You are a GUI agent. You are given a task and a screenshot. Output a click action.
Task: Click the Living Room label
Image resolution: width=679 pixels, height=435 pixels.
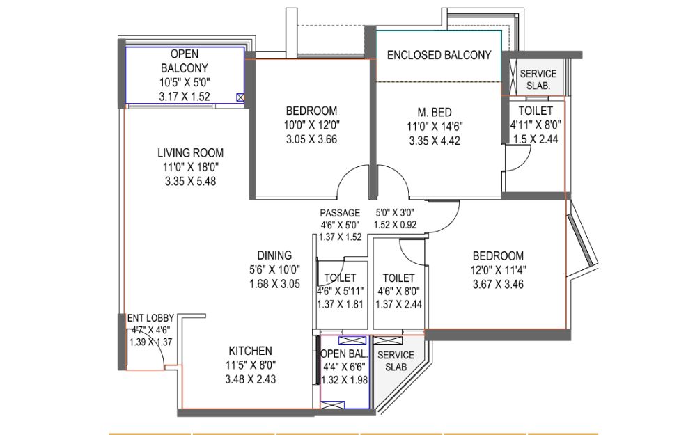click(191, 153)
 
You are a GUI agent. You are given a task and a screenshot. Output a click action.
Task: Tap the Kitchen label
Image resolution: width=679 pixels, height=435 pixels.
click(250, 351)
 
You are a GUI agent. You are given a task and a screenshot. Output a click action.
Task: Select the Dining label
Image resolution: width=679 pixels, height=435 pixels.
click(274, 255)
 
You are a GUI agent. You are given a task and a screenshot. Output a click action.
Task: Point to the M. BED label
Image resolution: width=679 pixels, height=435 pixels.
click(435, 113)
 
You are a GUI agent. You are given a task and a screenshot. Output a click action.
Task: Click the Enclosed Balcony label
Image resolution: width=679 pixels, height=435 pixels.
click(439, 55)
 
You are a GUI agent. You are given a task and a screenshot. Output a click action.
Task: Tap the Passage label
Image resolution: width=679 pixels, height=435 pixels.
click(340, 213)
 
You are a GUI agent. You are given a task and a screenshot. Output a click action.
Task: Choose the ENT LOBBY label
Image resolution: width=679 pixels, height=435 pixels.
click(150, 318)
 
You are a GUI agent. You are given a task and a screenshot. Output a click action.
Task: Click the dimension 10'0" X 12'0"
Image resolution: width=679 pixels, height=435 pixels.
click(312, 125)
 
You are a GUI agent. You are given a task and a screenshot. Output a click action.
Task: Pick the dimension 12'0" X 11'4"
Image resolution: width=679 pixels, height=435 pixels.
click(499, 270)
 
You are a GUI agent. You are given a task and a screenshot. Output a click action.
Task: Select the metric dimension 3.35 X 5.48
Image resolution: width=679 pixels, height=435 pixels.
click(191, 182)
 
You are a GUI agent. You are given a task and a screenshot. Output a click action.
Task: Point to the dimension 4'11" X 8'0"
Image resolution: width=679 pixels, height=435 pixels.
click(536, 125)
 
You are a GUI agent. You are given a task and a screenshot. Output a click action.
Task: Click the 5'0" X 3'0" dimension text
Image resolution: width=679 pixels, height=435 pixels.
click(394, 213)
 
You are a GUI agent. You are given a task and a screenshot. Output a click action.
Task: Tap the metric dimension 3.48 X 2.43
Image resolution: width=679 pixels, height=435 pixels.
click(250, 379)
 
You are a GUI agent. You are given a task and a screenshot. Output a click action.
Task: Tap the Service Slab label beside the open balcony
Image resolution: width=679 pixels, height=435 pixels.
click(396, 361)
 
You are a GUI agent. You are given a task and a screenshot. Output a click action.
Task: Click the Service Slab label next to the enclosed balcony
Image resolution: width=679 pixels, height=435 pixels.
click(538, 79)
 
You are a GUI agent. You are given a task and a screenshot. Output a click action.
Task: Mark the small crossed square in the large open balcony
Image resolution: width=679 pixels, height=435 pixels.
click(240, 97)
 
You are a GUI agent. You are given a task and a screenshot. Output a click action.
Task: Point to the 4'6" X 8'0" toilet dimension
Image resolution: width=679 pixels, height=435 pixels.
click(398, 292)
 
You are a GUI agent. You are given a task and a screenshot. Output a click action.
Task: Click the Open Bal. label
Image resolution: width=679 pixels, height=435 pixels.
click(344, 354)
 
